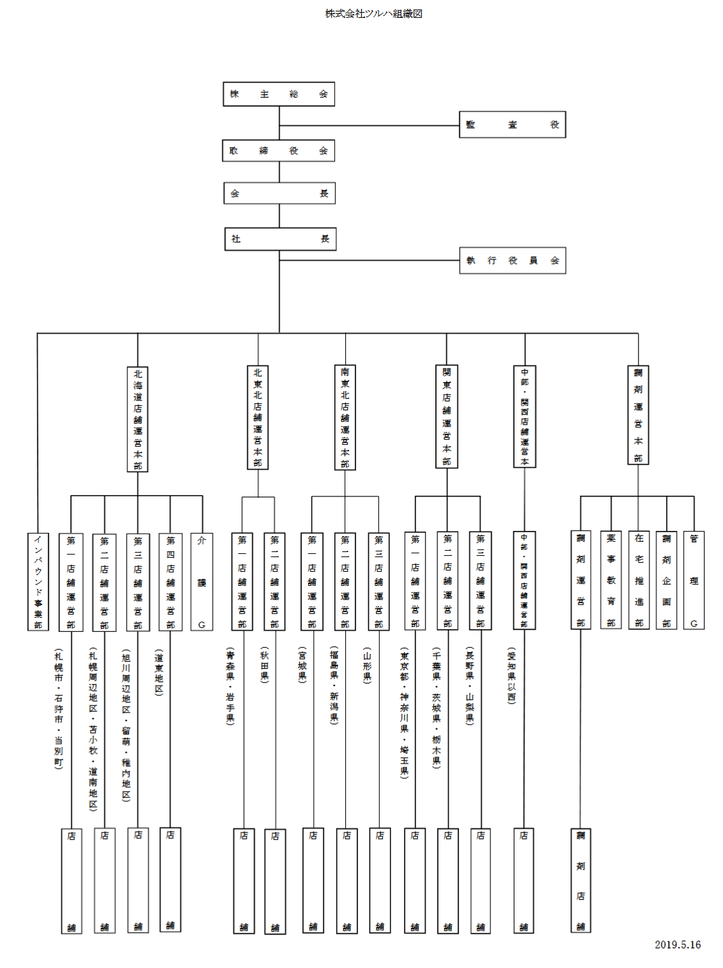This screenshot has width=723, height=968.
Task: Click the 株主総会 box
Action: coord(279,94)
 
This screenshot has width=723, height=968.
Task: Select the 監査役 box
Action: coord(512,125)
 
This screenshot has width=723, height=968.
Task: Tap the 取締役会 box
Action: coord(279,151)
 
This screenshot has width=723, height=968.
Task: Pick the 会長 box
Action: coord(279,193)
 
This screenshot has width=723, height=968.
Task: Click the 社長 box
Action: coord(280,239)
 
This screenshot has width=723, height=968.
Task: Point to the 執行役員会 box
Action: coord(512,261)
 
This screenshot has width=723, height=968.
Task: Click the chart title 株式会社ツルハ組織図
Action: coord(373,13)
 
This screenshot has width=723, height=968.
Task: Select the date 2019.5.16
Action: coord(677,944)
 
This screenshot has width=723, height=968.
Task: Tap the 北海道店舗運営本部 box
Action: coord(137,419)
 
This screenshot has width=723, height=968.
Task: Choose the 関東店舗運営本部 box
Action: coord(447,417)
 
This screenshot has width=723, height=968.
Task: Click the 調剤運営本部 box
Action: coord(638,415)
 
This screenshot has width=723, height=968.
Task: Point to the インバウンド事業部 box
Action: coord(38,581)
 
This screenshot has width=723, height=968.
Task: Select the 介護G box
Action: coord(202,581)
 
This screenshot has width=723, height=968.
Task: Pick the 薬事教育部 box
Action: coord(611,580)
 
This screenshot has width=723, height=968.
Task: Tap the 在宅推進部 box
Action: coord(639,580)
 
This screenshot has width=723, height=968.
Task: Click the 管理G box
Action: coord(694,580)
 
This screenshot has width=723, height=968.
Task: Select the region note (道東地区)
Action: coord(159,672)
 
